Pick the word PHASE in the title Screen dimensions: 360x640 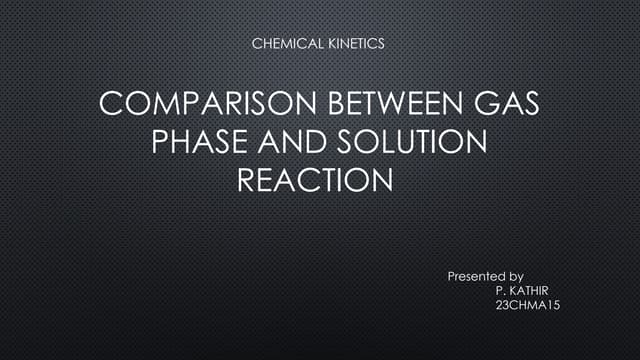[x=198, y=144]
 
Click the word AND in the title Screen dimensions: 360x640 [x=291, y=144]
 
